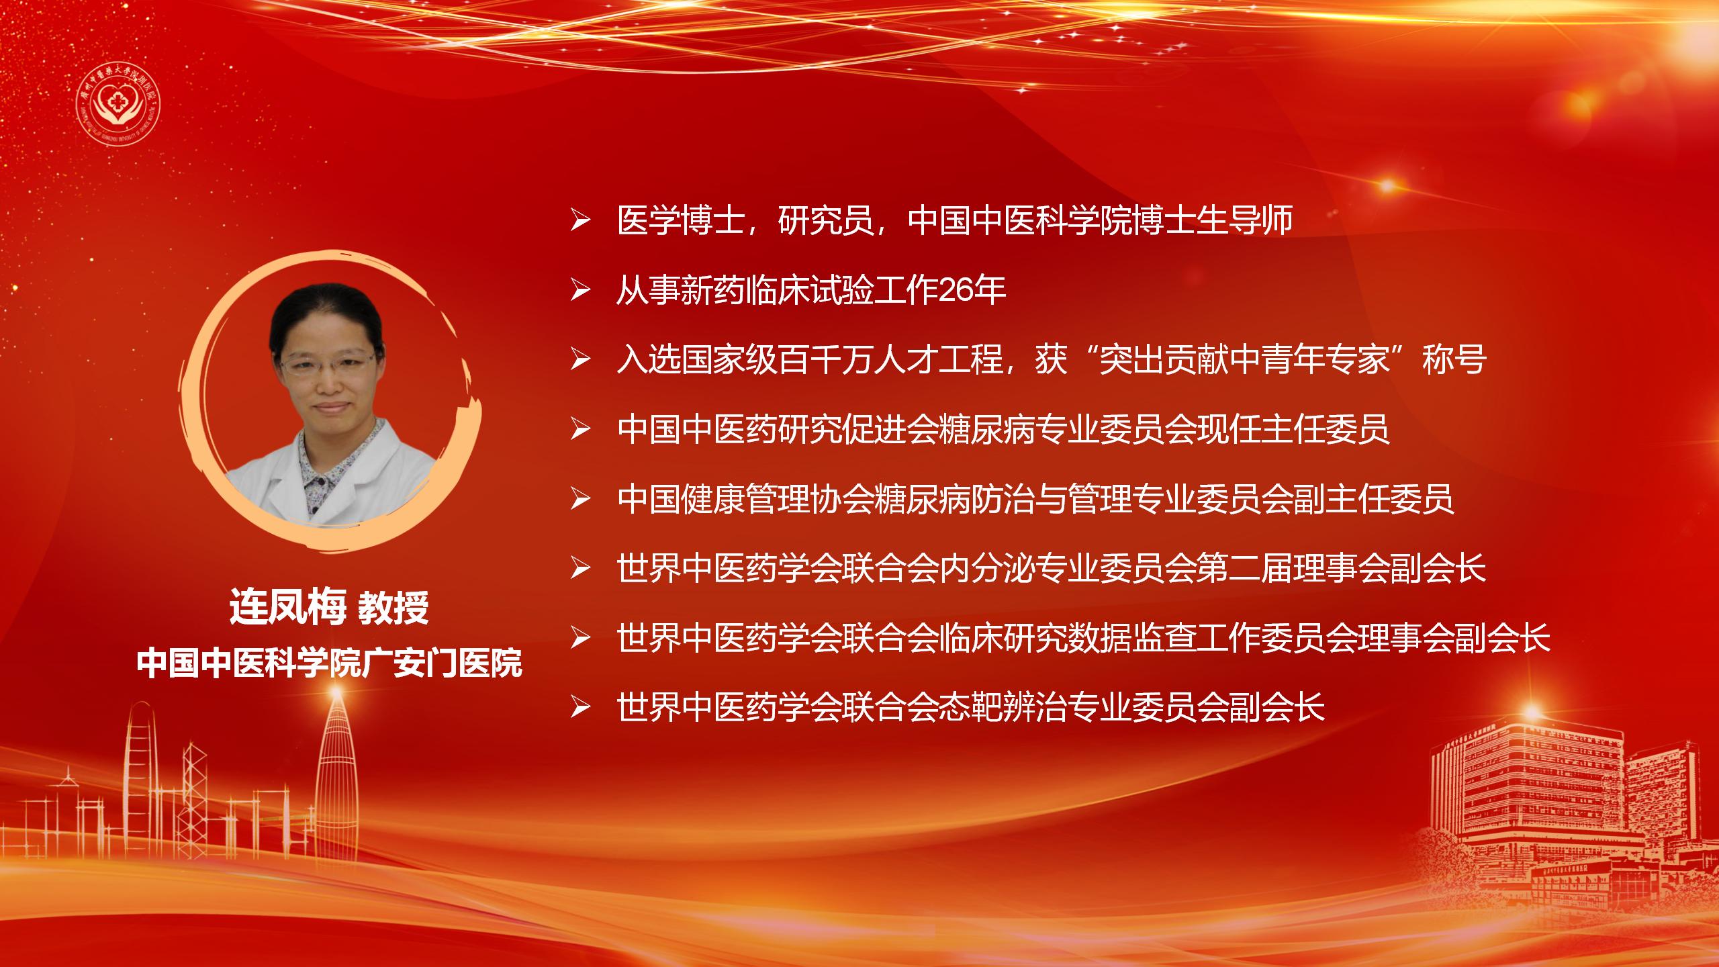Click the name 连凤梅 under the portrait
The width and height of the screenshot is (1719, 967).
coord(287,608)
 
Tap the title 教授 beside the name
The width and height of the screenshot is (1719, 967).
coord(393,609)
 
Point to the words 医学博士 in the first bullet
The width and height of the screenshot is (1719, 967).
coord(680,220)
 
